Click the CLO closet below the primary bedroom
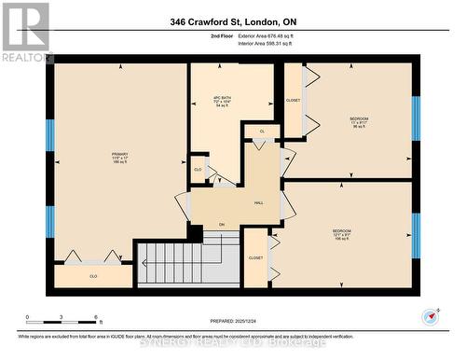click(x=93, y=276)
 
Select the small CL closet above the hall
click(x=262, y=132)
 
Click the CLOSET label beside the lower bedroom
click(x=255, y=258)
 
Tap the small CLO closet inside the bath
click(x=198, y=169)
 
